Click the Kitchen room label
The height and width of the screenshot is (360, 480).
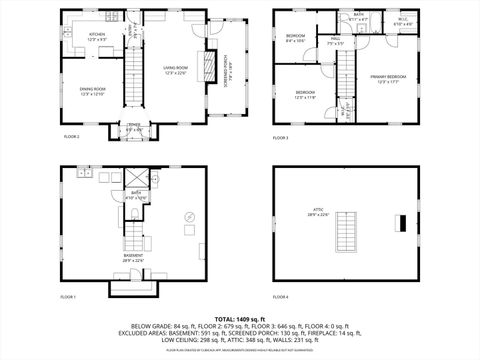[97, 36]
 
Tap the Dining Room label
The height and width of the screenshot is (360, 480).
[93, 91]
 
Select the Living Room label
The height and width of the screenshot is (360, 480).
[177, 69]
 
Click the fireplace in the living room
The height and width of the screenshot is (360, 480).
[209, 68]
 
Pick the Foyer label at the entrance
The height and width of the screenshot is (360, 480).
[133, 127]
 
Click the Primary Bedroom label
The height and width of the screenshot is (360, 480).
[389, 79]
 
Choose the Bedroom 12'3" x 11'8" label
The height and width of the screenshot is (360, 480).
[306, 96]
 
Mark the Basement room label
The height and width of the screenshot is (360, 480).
[133, 257]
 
